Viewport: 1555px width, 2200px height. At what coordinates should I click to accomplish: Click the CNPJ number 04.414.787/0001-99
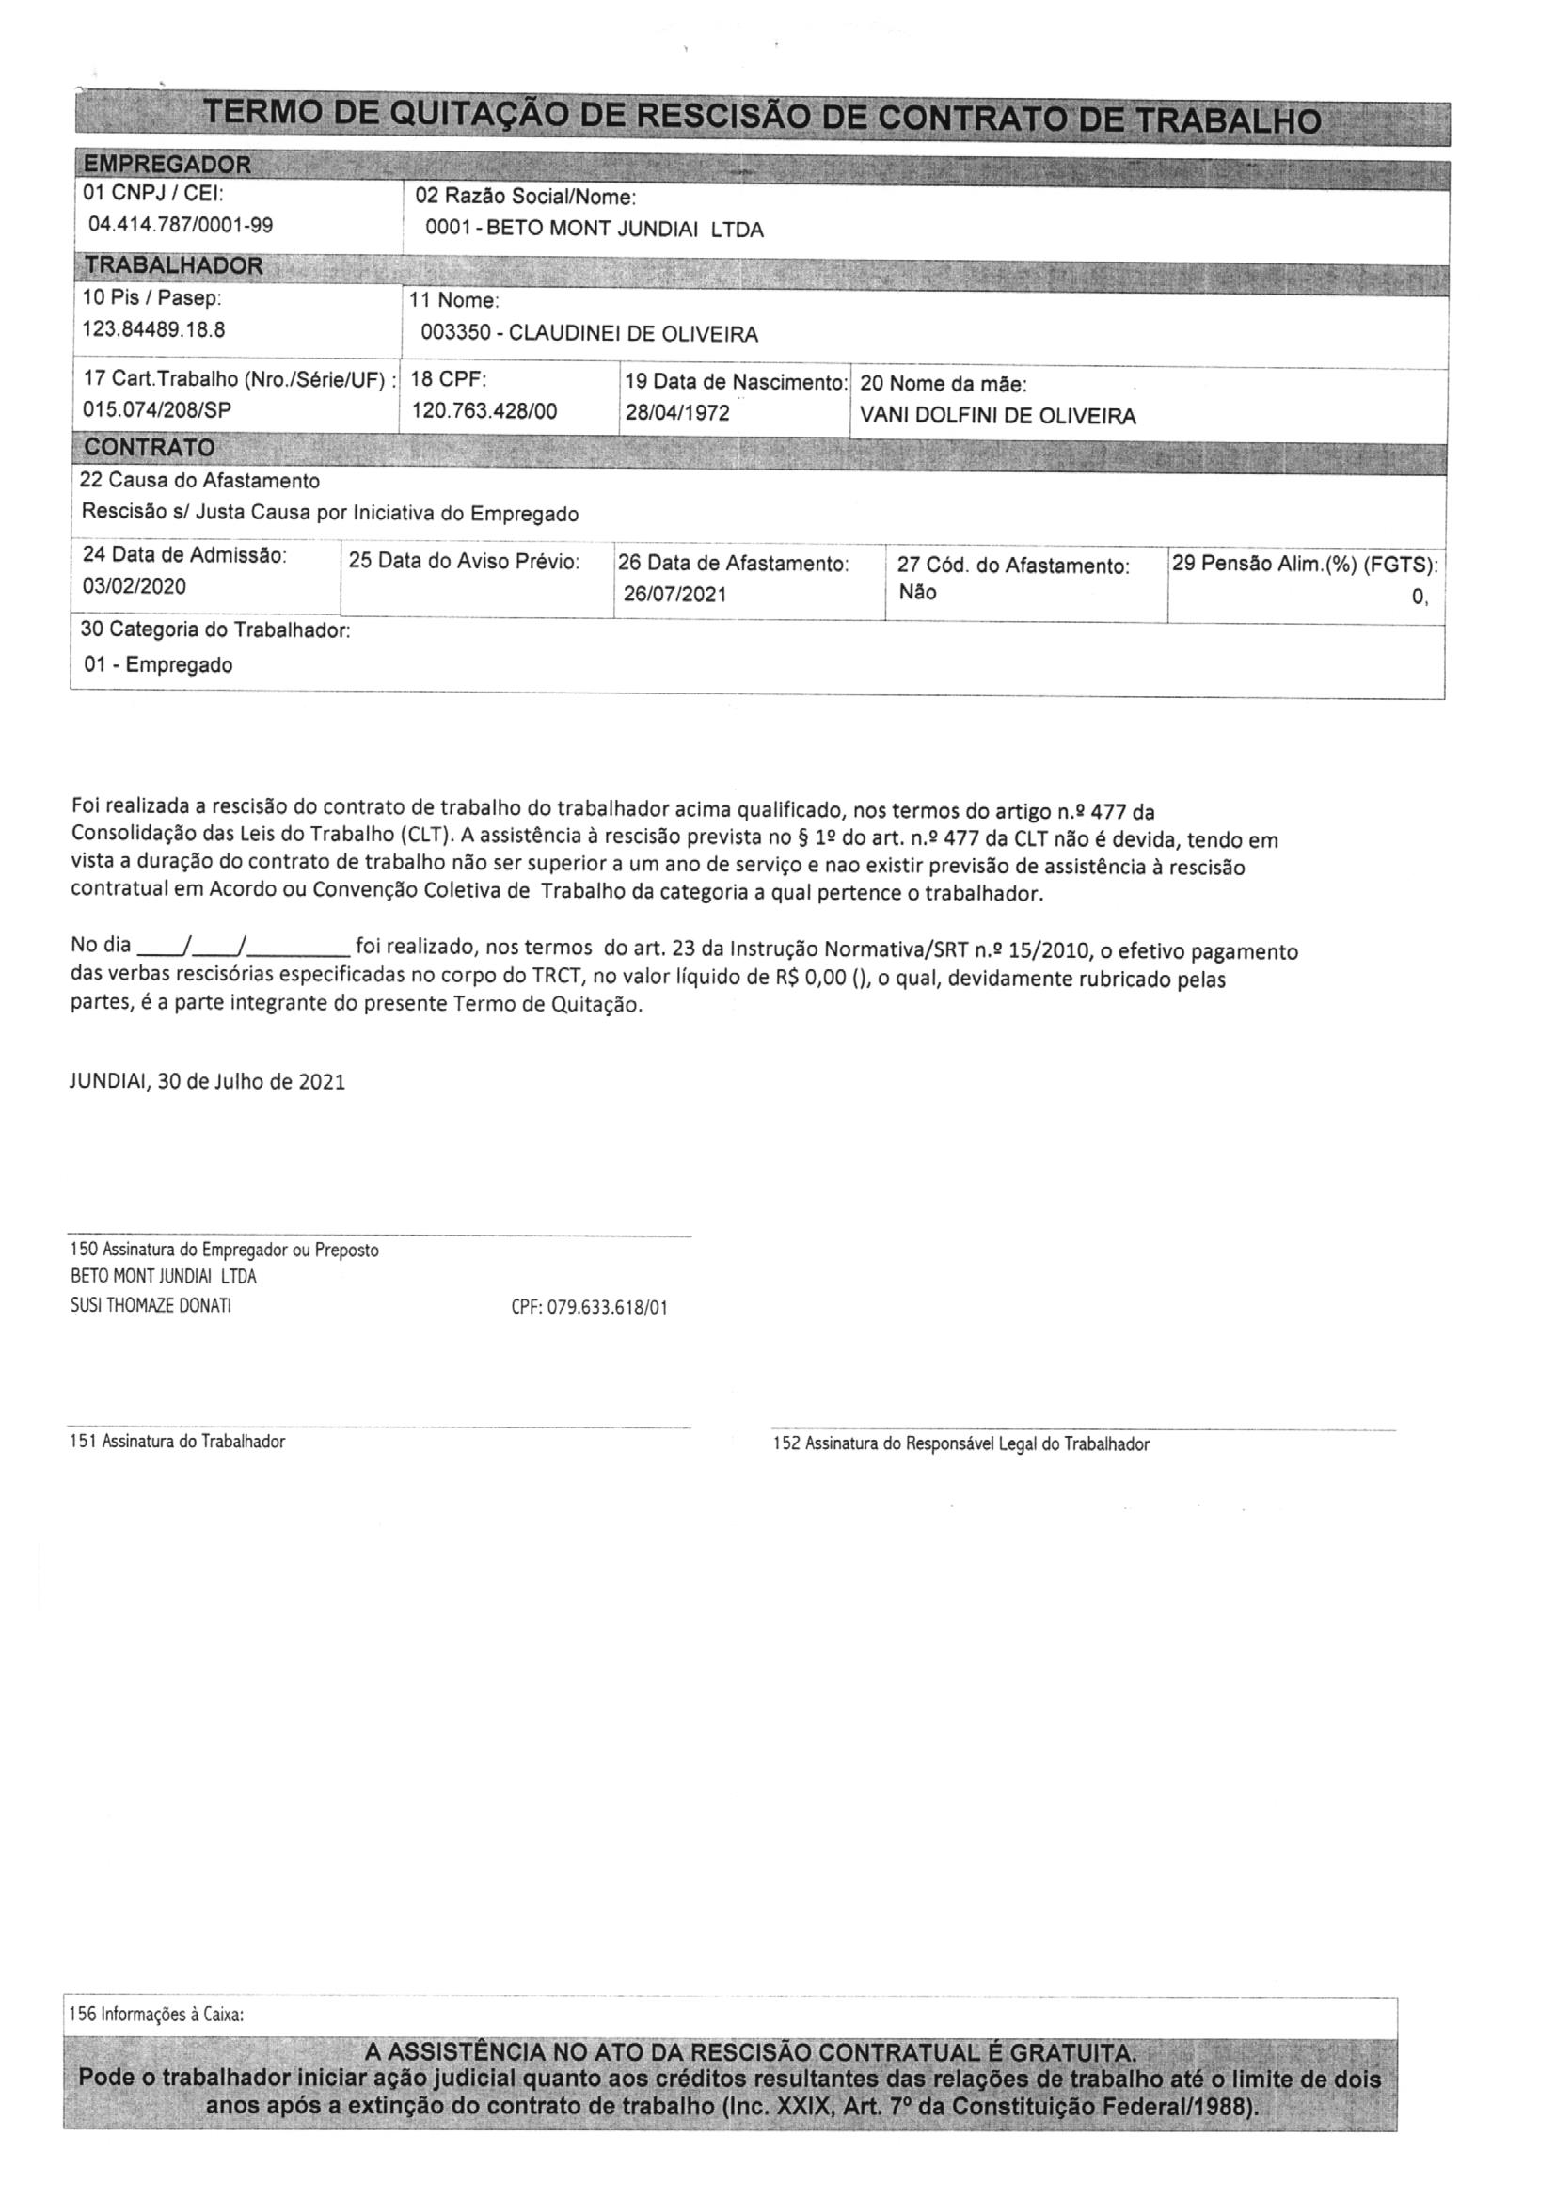tap(180, 225)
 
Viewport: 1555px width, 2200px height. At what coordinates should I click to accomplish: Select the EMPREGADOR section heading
tap(167, 164)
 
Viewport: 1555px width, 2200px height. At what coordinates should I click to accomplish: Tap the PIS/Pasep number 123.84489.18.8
tap(153, 329)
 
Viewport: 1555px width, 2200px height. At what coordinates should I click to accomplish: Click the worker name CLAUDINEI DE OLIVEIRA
tap(632, 333)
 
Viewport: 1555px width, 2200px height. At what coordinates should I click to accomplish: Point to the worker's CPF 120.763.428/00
tap(484, 411)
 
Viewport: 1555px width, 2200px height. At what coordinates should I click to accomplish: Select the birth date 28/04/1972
tap(677, 412)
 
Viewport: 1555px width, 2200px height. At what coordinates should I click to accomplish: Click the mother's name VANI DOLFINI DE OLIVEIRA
tap(997, 416)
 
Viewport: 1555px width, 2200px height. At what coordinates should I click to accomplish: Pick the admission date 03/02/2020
tap(135, 585)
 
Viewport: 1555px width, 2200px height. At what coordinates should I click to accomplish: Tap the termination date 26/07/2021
tap(674, 594)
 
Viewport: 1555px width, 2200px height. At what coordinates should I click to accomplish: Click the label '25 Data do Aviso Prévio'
tap(464, 561)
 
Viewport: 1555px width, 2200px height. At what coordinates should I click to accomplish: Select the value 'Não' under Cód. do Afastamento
tap(917, 592)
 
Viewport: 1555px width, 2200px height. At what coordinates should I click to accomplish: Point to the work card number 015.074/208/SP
tap(157, 409)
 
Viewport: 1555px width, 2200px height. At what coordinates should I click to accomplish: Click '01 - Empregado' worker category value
tap(158, 664)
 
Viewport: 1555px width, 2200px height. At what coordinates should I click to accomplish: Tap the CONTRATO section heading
tap(149, 448)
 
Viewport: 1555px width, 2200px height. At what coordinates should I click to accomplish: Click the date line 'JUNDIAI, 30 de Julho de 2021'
tap(208, 1081)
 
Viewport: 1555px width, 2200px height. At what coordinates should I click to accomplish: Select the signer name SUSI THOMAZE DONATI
tap(151, 1305)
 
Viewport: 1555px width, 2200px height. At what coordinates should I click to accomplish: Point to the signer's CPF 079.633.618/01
tap(589, 1307)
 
